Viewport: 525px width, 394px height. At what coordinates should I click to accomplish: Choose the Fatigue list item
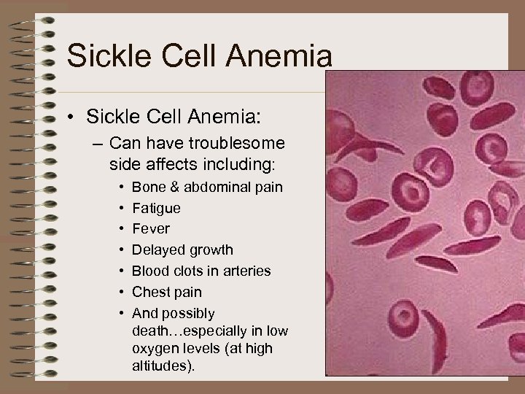(x=156, y=208)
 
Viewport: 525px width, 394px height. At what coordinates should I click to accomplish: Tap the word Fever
(x=150, y=229)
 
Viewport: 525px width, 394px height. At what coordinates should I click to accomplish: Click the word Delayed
(x=157, y=250)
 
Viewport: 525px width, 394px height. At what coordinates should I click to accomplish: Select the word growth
(x=210, y=250)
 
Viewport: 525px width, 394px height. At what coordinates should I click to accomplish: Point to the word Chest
(x=151, y=293)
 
